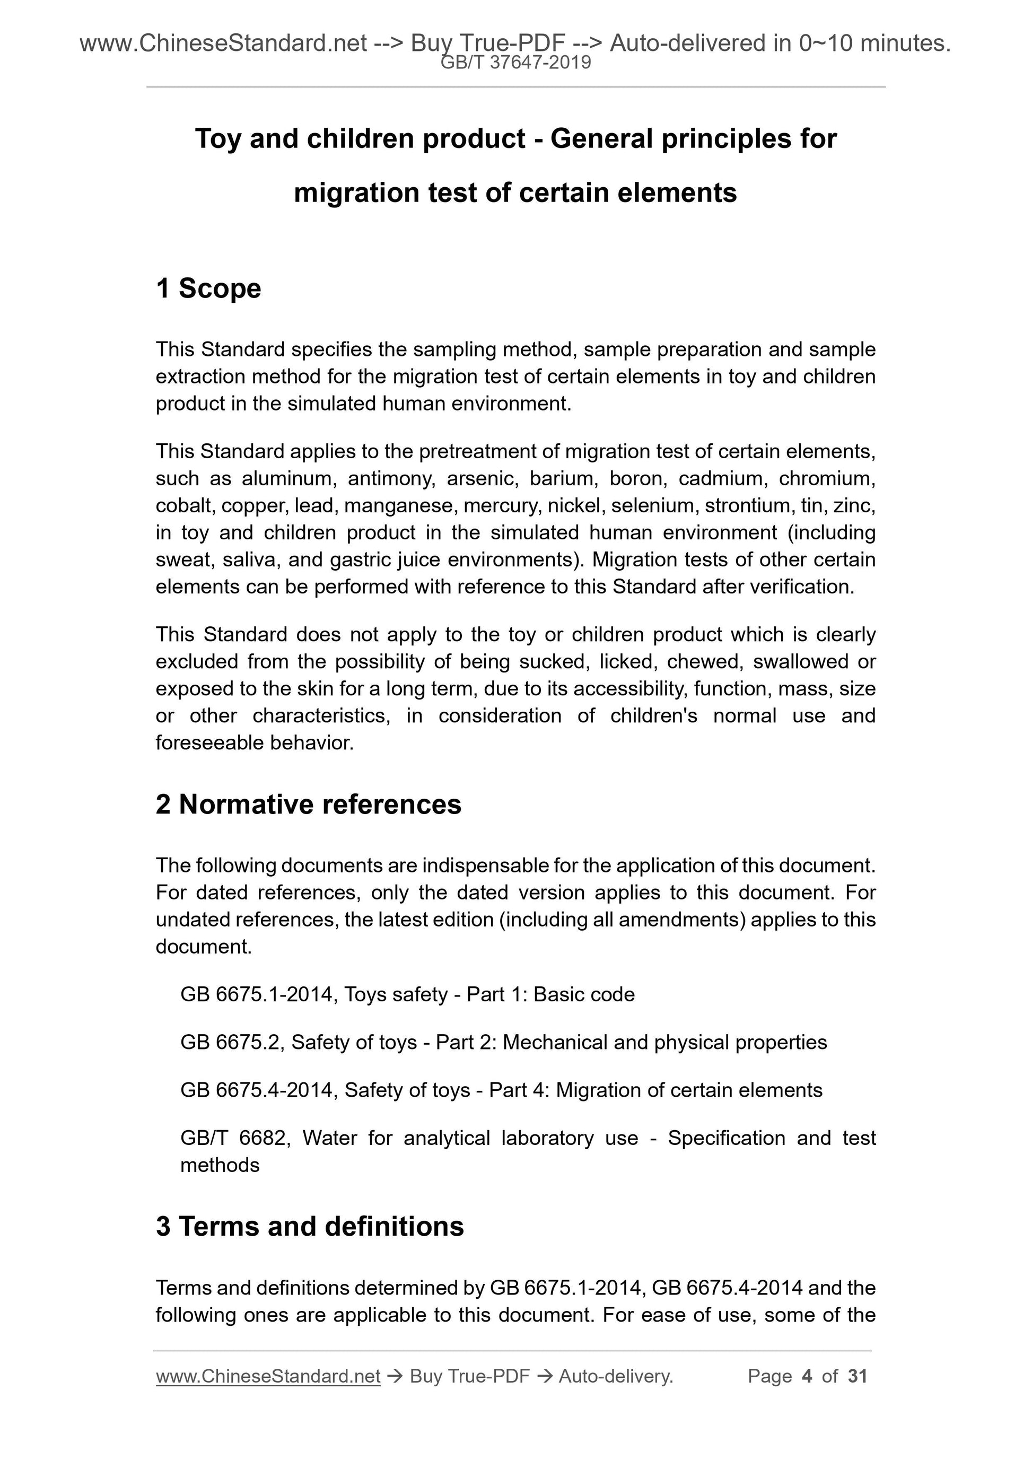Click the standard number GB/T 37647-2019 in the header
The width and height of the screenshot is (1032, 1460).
515,63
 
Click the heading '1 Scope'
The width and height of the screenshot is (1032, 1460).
208,288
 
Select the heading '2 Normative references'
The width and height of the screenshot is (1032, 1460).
309,805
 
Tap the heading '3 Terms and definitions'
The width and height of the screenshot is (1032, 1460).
310,1226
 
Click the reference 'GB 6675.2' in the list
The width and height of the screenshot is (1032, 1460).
230,1042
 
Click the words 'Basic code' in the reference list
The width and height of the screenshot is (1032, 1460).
584,994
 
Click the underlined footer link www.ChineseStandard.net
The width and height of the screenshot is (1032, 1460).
268,1376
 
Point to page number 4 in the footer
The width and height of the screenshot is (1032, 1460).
807,1376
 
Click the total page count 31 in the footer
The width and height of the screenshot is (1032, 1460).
857,1376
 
